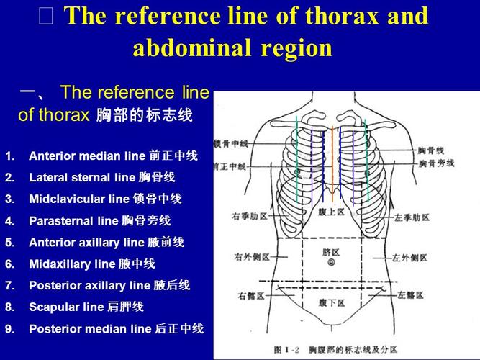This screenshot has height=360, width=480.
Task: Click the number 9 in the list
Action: tap(9, 329)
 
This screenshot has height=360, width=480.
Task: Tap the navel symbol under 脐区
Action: tap(331, 264)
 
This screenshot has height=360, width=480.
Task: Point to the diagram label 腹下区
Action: tap(331, 304)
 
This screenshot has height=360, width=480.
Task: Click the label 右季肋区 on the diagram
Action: tap(250, 216)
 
